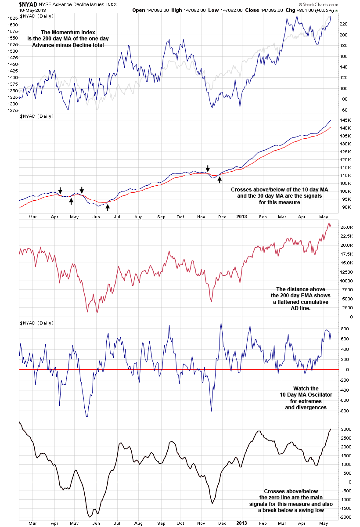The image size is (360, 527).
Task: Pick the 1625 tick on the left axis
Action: [x=11, y=18]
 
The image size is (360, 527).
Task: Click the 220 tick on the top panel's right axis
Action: [x=344, y=24]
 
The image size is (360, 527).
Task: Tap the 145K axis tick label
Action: [x=346, y=120]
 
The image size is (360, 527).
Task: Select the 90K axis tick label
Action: [x=344, y=207]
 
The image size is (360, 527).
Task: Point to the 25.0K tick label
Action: [x=346, y=227]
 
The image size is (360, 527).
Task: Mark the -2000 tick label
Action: [x=346, y=517]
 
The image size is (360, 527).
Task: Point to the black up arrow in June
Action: [x=108, y=207]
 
